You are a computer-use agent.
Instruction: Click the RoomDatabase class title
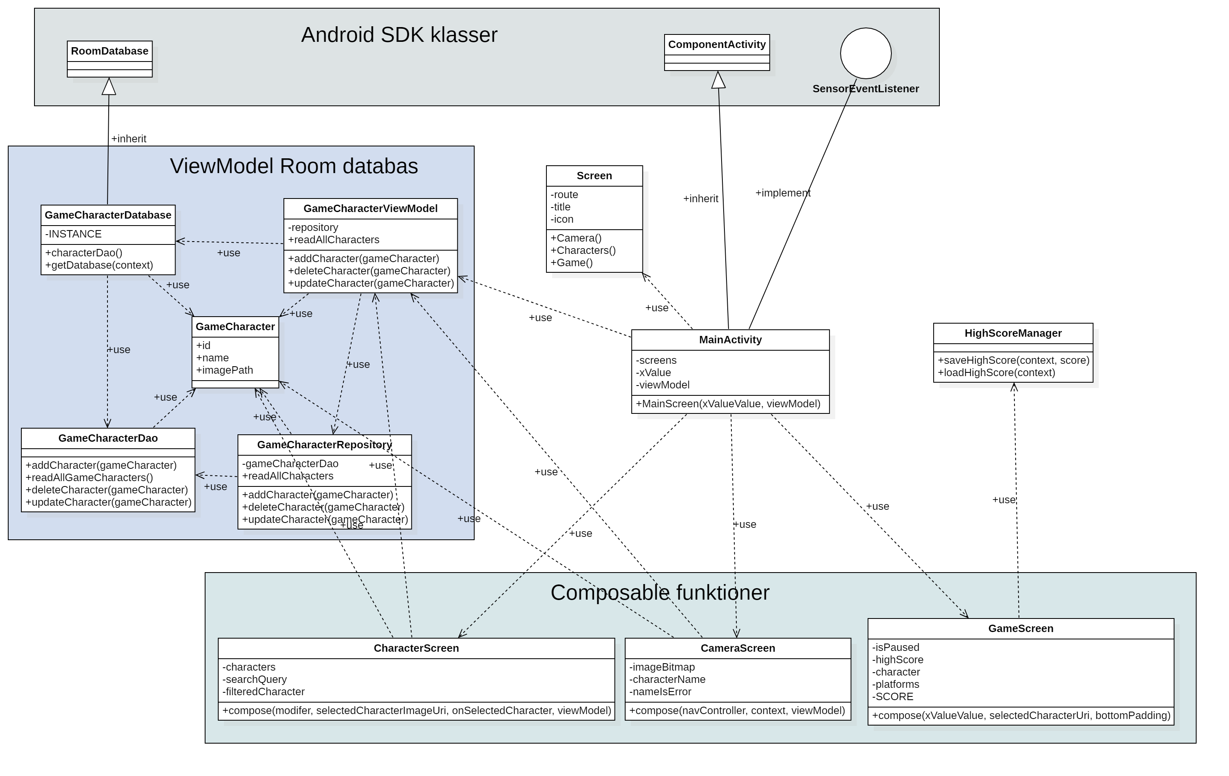click(109, 51)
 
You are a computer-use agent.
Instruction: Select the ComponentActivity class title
click(717, 44)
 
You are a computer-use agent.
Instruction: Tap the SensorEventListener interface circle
click(866, 53)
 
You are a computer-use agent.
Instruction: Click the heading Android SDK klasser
click(399, 35)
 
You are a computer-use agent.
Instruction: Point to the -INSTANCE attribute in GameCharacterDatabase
click(73, 234)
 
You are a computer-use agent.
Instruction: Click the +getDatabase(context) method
click(99, 265)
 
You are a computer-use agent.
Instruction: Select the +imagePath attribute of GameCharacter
click(224, 370)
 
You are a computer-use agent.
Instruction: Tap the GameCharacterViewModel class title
click(370, 209)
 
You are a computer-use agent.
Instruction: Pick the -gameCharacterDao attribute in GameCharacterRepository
click(290, 464)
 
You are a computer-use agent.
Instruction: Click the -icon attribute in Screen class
click(562, 219)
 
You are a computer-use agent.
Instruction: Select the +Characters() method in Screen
click(583, 251)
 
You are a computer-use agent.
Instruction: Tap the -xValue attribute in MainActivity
click(653, 373)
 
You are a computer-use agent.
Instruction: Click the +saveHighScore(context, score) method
click(1013, 360)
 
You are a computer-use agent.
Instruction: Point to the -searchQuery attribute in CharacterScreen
click(255, 680)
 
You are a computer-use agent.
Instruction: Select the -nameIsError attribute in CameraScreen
click(660, 692)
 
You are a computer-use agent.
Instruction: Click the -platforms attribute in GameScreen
click(896, 685)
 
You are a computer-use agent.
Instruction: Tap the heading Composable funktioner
click(659, 593)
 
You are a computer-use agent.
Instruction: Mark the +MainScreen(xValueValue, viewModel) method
click(728, 404)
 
